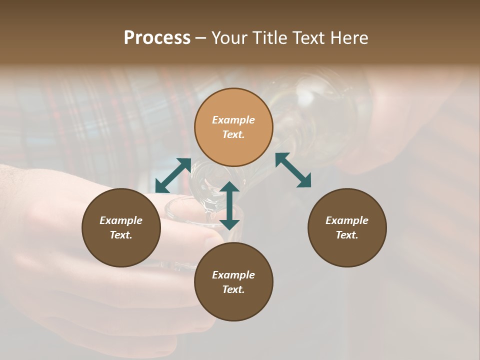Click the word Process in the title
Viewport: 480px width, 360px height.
[157, 38]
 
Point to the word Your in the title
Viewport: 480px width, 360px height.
[229, 38]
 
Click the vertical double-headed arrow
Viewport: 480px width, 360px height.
[229, 205]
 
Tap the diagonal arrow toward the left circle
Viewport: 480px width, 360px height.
[173, 175]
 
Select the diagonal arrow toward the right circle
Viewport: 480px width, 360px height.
[293, 170]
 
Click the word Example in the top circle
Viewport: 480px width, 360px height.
[233, 120]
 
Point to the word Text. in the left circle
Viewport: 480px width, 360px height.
[121, 235]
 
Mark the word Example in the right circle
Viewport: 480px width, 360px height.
[347, 220]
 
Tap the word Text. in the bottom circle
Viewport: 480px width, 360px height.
[233, 289]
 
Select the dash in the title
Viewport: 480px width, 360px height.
[200, 38]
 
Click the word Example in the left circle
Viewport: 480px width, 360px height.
[121, 220]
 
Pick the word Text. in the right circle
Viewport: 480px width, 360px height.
[347, 235]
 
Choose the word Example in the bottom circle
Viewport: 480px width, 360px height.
[233, 275]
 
